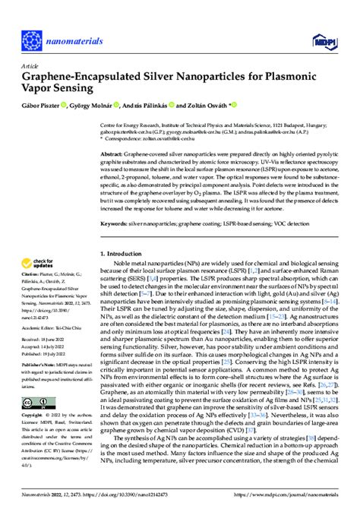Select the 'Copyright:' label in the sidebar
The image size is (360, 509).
point(33,416)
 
